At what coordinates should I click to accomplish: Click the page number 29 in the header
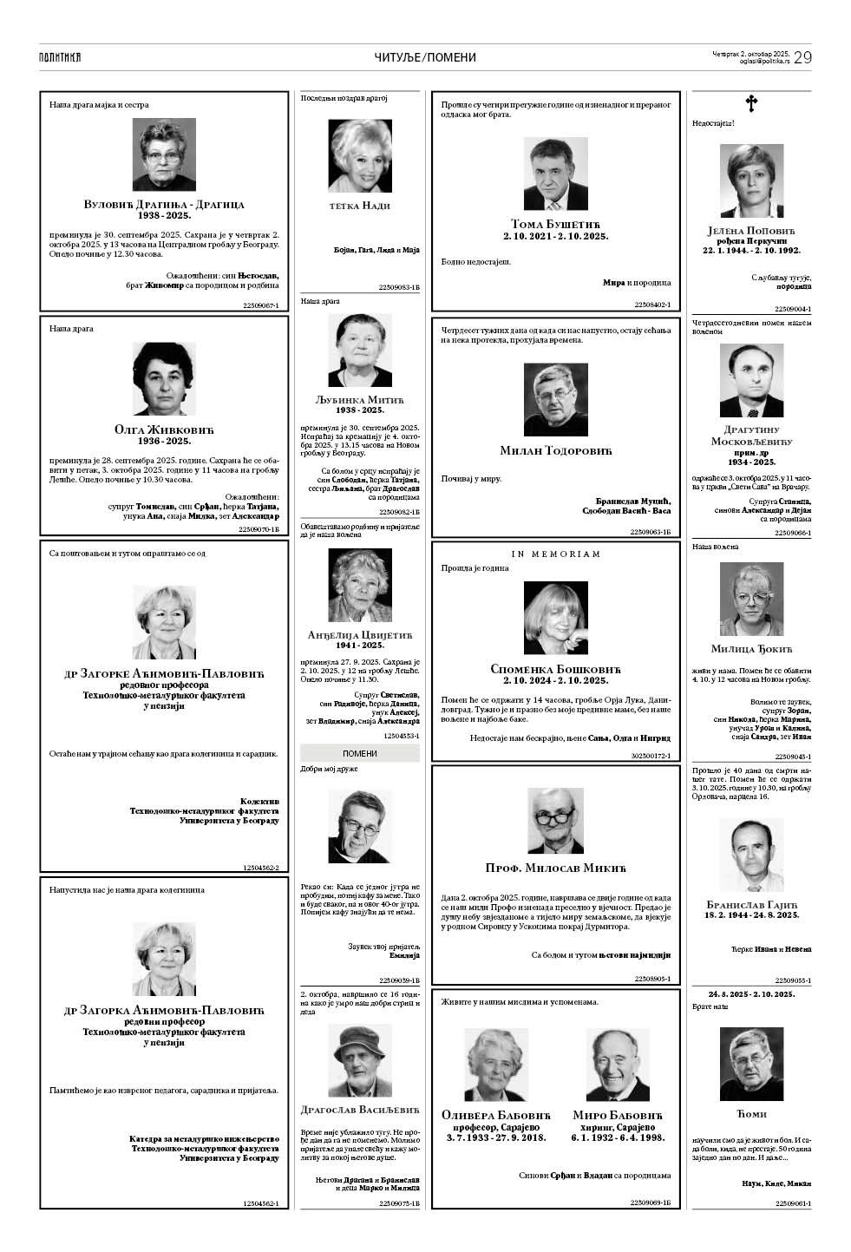(802, 57)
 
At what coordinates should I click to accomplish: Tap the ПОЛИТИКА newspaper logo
(60, 57)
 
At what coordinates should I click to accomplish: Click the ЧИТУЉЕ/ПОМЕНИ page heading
(425, 57)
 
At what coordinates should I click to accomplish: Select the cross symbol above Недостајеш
(751, 104)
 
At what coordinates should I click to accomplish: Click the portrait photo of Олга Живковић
(163, 379)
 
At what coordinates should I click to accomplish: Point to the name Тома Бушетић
(555, 224)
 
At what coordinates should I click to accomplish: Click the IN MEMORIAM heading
(555, 554)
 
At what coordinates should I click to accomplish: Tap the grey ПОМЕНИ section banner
(359, 753)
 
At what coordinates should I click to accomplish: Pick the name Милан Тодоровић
(555, 450)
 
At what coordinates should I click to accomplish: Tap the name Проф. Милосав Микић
(555, 868)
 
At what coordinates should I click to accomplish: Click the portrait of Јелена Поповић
(751, 181)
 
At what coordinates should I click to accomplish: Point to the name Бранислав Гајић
(751, 904)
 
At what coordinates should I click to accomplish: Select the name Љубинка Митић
(359, 399)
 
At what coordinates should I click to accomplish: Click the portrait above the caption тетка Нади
(359, 156)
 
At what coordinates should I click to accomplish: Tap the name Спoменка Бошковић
(555, 669)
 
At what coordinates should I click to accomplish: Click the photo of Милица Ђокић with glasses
(751, 600)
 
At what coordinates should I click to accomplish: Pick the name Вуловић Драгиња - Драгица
(163, 204)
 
